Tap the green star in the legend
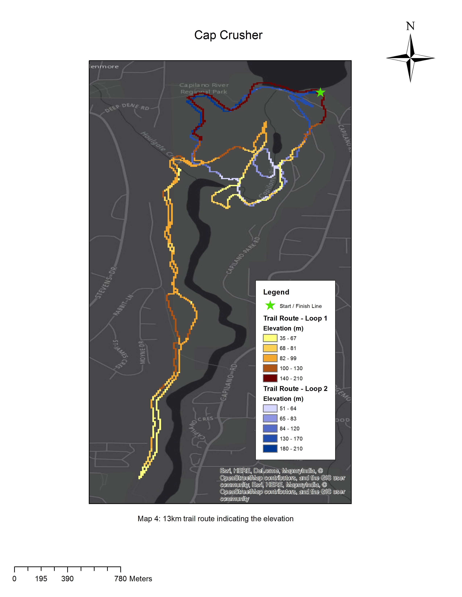pyautogui.click(x=270, y=305)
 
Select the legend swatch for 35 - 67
pyautogui.click(x=270, y=338)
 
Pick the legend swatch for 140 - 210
pyautogui.click(x=270, y=378)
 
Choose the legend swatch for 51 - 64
pyautogui.click(x=270, y=408)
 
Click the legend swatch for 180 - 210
pyautogui.click(x=270, y=449)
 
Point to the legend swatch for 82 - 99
pyautogui.click(x=270, y=358)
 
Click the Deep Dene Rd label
pyautogui.click(x=127, y=107)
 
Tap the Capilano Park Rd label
pyautogui.click(x=243, y=255)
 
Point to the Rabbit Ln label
pyautogui.click(x=123, y=305)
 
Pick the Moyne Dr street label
pyautogui.click(x=142, y=352)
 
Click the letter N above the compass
pyautogui.click(x=410, y=26)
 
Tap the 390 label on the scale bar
pyautogui.click(x=67, y=579)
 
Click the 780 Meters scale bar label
pyautogui.click(x=133, y=579)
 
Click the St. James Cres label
pyautogui.click(x=120, y=354)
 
